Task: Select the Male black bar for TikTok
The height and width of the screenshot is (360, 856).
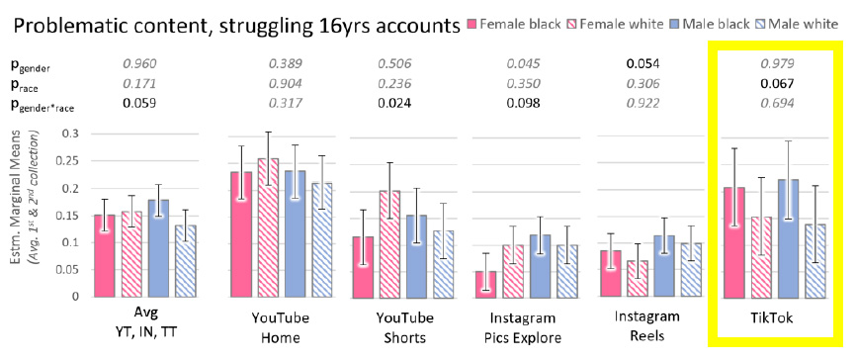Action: coord(788,237)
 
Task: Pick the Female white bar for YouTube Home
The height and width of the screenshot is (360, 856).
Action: coord(268,226)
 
